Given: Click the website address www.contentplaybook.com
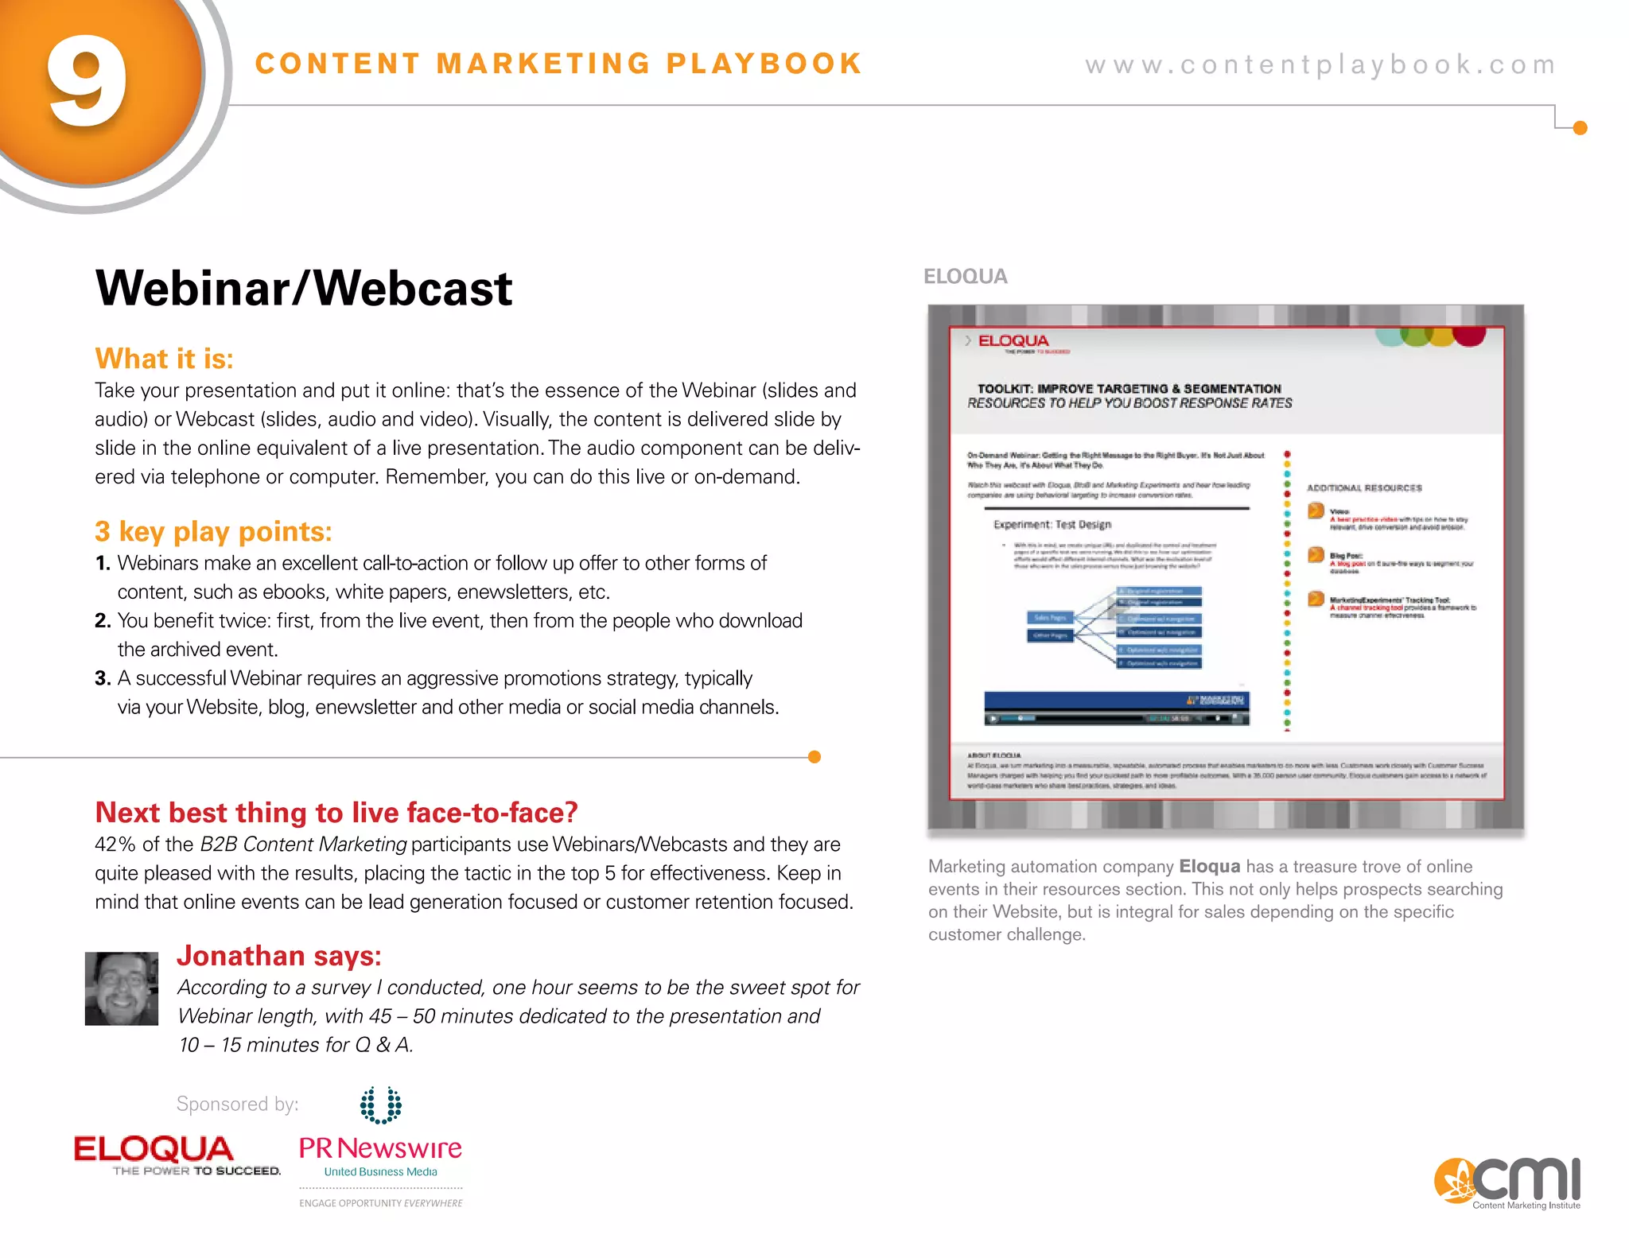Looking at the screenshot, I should [x=1320, y=64].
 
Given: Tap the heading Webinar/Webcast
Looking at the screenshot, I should [x=303, y=288].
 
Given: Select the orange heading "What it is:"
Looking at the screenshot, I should [x=164, y=359].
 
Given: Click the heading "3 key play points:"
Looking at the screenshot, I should [x=213, y=531].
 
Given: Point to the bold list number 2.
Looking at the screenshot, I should [x=103, y=621].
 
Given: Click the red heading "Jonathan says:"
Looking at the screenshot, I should [x=278, y=956].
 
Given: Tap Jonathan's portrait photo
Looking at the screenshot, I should [x=122, y=988].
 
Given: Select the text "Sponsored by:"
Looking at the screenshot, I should [x=237, y=1104].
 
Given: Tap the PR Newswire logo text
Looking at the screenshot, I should [x=380, y=1148].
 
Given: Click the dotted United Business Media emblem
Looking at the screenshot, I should [x=380, y=1105].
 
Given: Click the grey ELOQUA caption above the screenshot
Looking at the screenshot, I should [x=965, y=277].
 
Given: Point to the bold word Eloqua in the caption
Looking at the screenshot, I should [x=1209, y=867].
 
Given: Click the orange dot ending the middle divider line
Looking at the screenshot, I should [x=814, y=757].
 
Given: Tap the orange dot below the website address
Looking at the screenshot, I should [x=1580, y=128].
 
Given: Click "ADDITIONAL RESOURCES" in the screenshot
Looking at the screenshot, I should [x=1364, y=488].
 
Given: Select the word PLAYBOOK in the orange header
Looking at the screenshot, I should [x=764, y=64].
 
